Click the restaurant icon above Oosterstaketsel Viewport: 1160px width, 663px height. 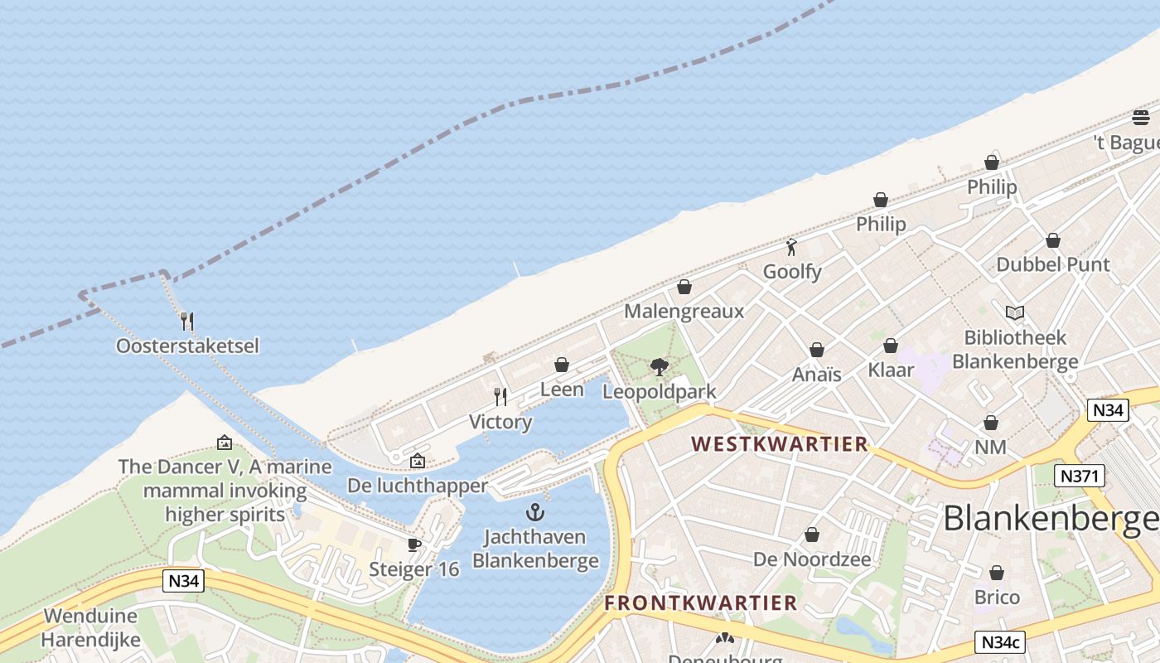187,321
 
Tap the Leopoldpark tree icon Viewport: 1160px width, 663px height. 659,366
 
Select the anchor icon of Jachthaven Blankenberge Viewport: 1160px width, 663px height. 535,512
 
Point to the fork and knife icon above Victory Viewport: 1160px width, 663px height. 500,397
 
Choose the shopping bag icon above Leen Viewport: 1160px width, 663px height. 562,365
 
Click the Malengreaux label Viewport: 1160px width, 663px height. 684,312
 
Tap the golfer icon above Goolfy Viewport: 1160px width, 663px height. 792,247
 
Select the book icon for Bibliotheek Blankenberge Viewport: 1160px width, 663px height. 1015,312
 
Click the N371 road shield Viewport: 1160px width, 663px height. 1078,476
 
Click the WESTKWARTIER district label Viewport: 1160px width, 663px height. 779,444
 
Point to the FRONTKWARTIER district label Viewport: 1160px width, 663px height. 700,603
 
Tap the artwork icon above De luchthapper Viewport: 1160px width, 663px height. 418,461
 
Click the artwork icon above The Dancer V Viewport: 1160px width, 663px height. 225,443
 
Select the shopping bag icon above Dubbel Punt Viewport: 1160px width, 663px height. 1053,240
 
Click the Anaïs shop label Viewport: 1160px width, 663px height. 816,375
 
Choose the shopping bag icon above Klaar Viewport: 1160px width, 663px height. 891,346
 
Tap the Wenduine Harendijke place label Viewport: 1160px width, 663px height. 91,628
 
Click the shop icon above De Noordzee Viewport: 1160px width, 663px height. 812,535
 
